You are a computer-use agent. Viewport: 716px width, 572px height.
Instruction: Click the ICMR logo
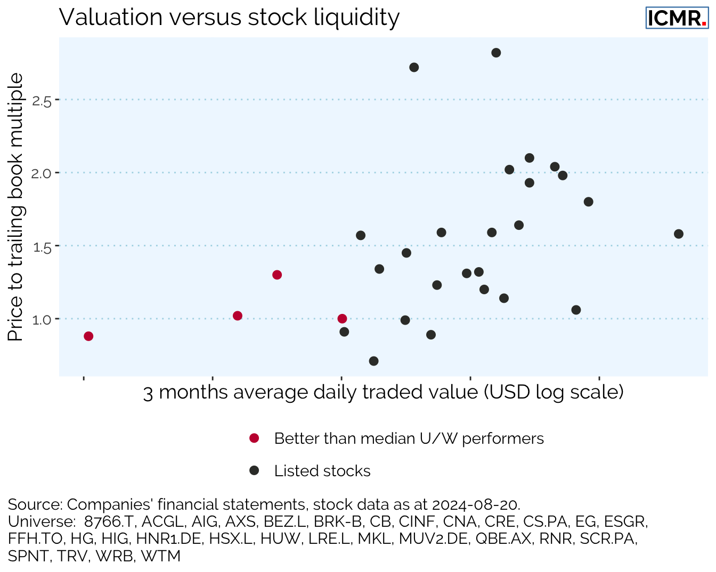(677, 18)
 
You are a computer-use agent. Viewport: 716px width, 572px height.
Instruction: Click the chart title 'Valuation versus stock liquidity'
(229, 17)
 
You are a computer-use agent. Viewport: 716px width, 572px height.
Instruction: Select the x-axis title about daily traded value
(383, 392)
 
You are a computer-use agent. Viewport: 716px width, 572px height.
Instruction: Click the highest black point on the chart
(496, 53)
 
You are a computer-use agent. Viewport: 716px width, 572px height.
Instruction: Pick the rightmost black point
(679, 234)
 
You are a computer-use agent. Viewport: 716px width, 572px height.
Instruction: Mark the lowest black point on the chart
(373, 361)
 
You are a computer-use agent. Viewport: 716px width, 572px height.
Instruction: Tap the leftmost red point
(88, 336)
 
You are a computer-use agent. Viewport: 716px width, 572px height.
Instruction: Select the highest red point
(277, 275)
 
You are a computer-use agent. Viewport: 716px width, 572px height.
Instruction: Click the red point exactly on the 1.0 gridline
(342, 319)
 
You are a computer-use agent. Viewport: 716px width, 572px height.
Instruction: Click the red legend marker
(254, 438)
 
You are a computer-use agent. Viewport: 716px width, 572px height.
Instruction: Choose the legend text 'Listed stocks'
(322, 471)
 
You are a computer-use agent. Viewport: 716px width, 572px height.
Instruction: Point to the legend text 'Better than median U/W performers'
(409, 438)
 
